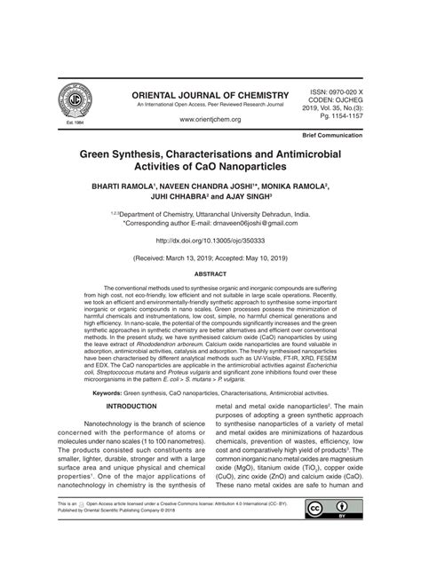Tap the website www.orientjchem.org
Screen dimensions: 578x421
pos(210,119)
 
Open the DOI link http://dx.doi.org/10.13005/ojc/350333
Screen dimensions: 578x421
pos(210,241)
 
